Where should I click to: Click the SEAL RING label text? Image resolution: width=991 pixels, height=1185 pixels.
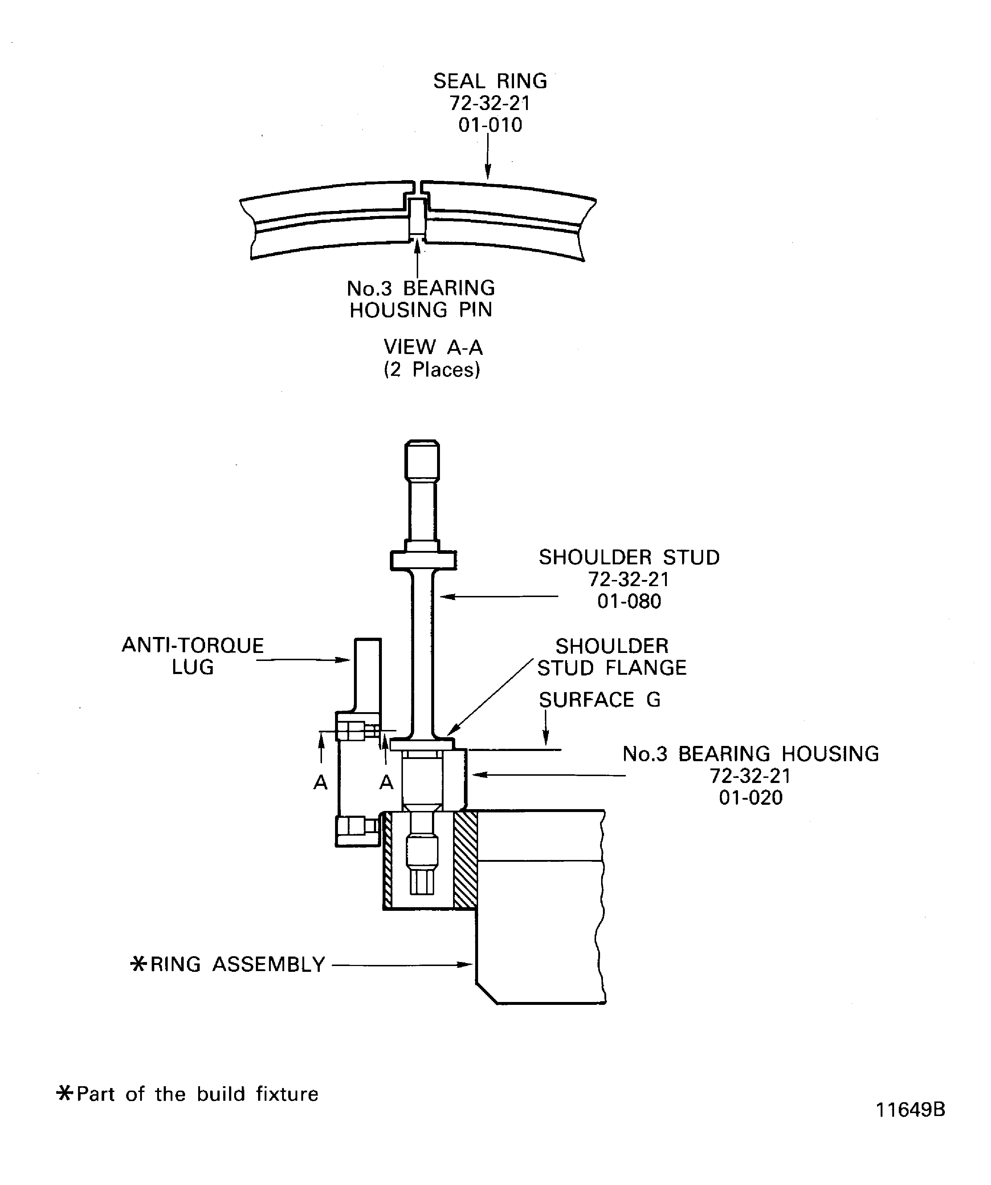pyautogui.click(x=490, y=81)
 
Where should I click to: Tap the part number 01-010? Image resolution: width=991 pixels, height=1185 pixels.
pyautogui.click(x=490, y=125)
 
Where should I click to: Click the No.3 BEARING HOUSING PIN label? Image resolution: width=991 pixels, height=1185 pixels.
pyautogui.click(x=421, y=299)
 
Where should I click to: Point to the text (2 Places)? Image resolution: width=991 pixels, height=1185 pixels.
pyautogui.click(x=432, y=370)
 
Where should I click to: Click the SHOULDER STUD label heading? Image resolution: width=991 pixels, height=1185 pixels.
pyautogui.click(x=629, y=557)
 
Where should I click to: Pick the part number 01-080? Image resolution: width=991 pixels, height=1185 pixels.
pyautogui.click(x=629, y=601)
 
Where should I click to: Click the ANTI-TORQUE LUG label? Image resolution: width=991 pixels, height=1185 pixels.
pyautogui.click(x=192, y=656)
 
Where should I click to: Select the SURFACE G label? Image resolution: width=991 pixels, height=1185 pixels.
pyautogui.click(x=599, y=700)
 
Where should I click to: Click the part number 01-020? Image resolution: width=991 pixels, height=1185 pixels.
pyautogui.click(x=750, y=798)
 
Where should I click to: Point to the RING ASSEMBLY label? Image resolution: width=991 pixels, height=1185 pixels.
pyautogui.click(x=237, y=964)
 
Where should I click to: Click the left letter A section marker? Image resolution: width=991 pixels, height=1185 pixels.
pyautogui.click(x=321, y=782)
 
